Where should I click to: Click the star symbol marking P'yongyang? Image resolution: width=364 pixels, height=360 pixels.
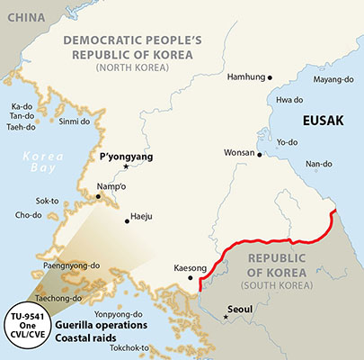(x=126, y=167)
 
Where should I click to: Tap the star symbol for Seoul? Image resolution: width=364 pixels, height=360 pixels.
(x=226, y=317)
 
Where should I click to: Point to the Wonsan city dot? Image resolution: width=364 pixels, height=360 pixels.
(x=260, y=155)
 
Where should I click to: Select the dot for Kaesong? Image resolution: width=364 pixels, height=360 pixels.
(x=191, y=279)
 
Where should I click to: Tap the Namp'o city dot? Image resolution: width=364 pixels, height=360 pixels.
(x=99, y=195)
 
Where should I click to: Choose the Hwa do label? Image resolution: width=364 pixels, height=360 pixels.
(x=289, y=99)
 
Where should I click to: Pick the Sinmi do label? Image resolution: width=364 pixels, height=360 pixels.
(x=75, y=121)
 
